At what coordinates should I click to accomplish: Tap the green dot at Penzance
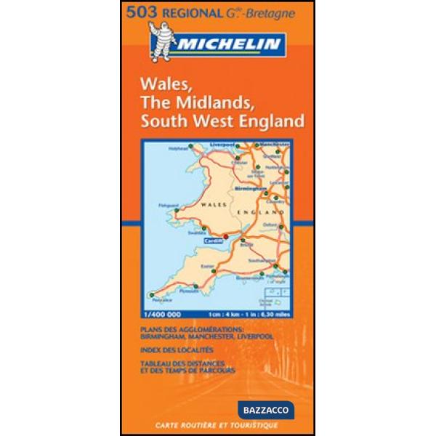(153, 294)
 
